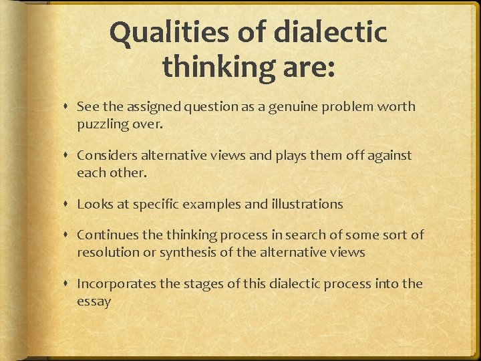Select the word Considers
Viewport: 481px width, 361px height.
click(x=106, y=155)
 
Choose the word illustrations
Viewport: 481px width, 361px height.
click(x=306, y=204)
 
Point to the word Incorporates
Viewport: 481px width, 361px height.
click(x=116, y=283)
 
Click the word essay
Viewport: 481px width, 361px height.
click(x=94, y=301)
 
